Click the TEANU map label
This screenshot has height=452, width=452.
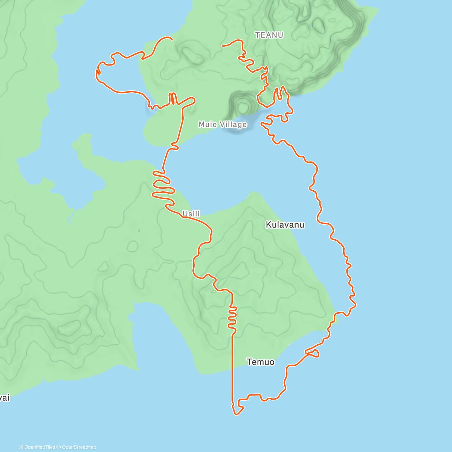coord(269,35)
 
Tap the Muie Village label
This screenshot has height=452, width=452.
coord(223,124)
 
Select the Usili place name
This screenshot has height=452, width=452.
coord(191,214)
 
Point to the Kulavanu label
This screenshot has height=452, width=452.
coord(285,225)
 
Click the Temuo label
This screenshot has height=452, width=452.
coord(260,362)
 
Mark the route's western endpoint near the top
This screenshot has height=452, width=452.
coord(172,39)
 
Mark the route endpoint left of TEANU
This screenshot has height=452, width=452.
coord(223,46)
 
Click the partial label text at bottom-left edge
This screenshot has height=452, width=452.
coord(4,398)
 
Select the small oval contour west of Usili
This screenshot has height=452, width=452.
coord(133,246)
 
